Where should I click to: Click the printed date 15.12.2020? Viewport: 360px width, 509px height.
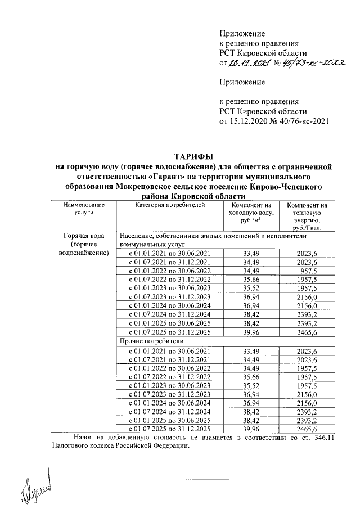pos(246,120)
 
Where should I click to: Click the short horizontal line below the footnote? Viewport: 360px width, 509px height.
pos(204,479)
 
